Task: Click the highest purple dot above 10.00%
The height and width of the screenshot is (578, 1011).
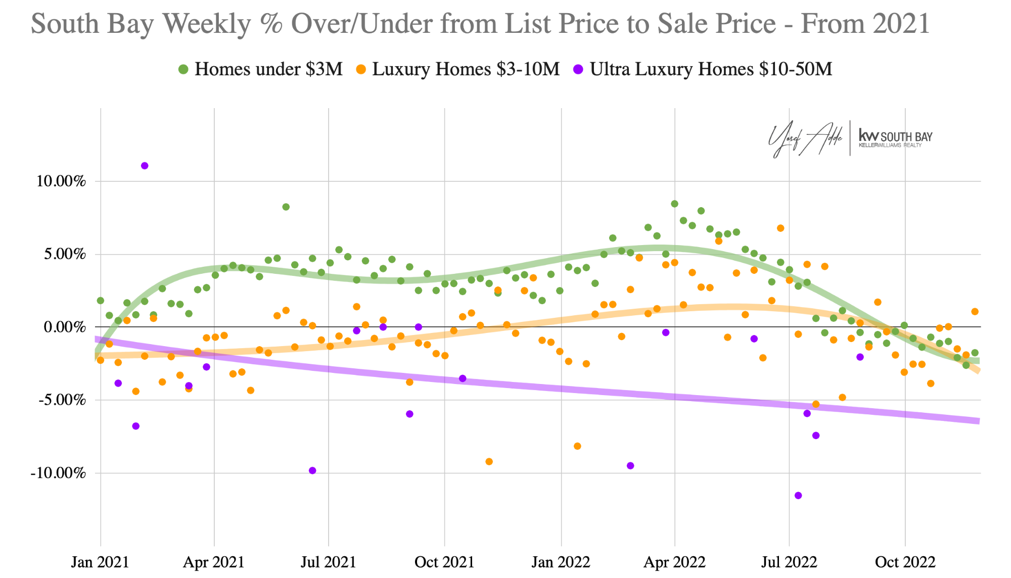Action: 145,166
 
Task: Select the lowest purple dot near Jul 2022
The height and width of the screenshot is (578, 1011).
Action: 798,495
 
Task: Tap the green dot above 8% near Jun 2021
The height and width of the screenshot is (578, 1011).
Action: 286,207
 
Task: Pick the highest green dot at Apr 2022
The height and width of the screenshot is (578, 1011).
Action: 674,204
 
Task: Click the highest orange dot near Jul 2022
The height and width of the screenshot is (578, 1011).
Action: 780,228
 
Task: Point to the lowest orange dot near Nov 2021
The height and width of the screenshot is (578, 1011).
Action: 489,461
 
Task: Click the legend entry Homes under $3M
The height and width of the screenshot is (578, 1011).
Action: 268,69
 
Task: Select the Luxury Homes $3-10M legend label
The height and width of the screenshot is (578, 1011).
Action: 466,69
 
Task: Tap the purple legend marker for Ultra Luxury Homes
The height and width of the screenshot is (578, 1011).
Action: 578,69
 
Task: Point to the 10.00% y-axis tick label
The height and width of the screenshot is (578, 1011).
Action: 61,181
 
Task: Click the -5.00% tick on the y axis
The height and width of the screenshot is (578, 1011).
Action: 61,400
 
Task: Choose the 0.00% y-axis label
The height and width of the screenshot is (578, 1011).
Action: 65,327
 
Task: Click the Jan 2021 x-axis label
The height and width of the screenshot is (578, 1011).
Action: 100,562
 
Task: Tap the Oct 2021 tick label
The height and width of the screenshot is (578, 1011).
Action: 444,562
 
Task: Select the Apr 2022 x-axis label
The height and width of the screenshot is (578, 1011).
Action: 674,562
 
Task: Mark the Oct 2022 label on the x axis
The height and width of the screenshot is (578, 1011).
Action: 905,562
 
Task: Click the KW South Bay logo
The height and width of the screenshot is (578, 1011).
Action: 895,137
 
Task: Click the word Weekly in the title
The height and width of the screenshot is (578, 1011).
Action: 207,24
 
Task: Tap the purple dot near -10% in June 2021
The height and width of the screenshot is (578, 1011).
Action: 312,470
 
